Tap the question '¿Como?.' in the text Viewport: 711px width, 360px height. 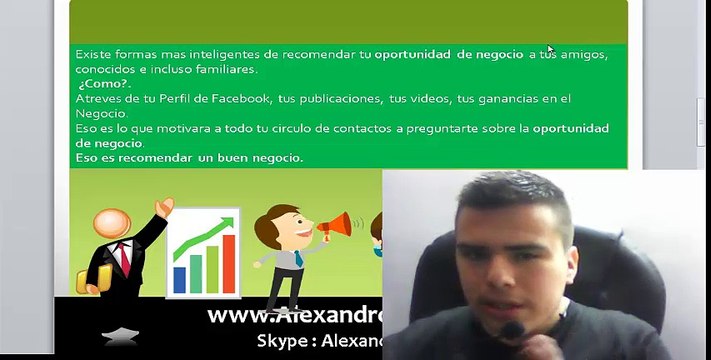[x=103, y=84]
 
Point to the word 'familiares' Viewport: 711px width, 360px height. [x=224, y=69]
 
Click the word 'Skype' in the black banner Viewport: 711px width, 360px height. [x=285, y=340]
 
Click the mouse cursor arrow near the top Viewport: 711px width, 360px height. [x=550, y=49]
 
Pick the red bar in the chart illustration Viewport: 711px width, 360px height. [x=228, y=263]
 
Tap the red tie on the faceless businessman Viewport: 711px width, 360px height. [x=124, y=258]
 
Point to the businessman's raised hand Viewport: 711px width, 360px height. [x=163, y=207]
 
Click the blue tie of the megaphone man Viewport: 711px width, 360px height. [x=298, y=259]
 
